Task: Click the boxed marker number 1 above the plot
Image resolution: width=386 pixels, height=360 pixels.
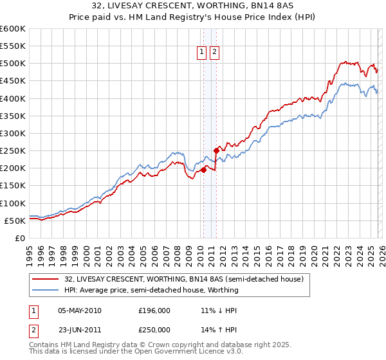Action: pyautogui.click(x=202, y=53)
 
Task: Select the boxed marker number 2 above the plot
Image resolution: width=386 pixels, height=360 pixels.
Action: pyautogui.click(x=214, y=53)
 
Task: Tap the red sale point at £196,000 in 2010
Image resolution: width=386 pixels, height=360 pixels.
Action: pyautogui.click(x=203, y=170)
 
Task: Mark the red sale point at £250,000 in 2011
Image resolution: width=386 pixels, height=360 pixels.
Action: pyautogui.click(x=216, y=151)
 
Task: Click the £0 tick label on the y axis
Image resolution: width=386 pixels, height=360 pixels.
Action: pyautogui.click(x=19, y=238)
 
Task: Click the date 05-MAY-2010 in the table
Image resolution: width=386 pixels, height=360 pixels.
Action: pyautogui.click(x=79, y=310)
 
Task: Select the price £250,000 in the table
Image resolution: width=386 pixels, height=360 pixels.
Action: pyautogui.click(x=154, y=328)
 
